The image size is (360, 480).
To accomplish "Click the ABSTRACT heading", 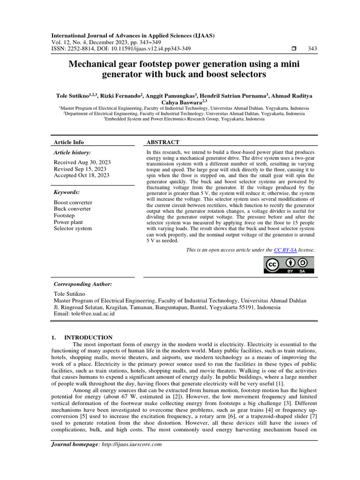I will [x=163, y=142].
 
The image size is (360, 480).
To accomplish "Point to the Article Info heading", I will [x=69, y=142].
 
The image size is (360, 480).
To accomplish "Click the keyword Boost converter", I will [x=73, y=202].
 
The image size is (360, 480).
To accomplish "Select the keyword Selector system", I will [x=73, y=228].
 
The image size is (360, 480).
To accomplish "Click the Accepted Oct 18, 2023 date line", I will [x=81, y=175].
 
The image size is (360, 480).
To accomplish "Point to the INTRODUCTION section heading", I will [x=88, y=337].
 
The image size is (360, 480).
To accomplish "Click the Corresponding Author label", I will [x=83, y=284].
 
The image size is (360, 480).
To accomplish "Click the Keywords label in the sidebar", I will [x=67, y=192].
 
